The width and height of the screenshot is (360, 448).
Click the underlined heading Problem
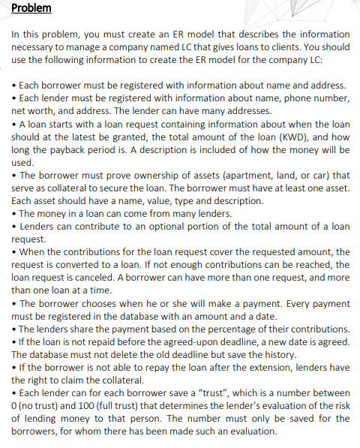32,8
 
